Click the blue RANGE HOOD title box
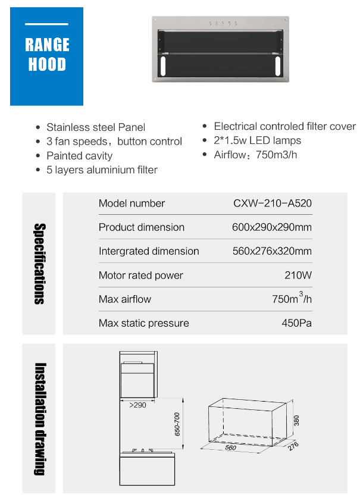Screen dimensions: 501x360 pos(47,56)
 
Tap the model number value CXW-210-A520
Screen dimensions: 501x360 pos(273,203)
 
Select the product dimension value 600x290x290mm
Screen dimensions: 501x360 pos(272,227)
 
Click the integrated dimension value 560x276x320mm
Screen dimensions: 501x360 pos(272,251)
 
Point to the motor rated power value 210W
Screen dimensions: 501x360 pos(298,275)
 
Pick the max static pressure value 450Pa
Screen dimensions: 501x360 pos(297,323)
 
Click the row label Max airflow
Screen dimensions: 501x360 pos(125,299)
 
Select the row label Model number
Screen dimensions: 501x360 pos(132,203)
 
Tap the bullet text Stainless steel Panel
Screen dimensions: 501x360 pos(96,127)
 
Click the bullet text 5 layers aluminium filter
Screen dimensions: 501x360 pos(102,170)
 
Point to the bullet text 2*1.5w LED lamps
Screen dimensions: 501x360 pos(257,141)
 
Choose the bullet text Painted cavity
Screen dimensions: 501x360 pos(79,156)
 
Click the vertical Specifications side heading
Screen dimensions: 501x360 pos(39,264)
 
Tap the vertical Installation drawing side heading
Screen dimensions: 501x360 pos(39,418)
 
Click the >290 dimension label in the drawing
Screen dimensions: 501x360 pos(138,405)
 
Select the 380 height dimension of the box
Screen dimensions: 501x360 pos(296,421)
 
